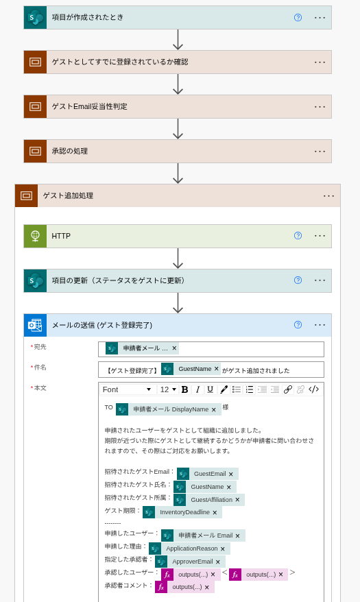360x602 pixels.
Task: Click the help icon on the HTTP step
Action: point(298,236)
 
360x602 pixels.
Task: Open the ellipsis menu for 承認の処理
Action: point(320,152)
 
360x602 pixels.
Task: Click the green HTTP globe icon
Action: point(35,236)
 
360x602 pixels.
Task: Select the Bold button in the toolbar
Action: point(184,389)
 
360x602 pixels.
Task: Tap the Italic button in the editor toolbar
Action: point(197,389)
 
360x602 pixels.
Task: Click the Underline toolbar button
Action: point(210,389)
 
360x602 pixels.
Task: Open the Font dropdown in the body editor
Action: point(127,389)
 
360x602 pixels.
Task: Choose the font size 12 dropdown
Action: point(168,389)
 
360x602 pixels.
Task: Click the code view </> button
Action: point(313,389)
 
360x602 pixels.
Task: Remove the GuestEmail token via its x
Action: point(230,474)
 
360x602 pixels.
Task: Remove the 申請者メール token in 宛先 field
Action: point(174,348)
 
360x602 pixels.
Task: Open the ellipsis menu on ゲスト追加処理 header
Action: point(328,196)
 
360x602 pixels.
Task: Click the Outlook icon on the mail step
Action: point(35,325)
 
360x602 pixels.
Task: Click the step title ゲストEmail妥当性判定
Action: point(90,107)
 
